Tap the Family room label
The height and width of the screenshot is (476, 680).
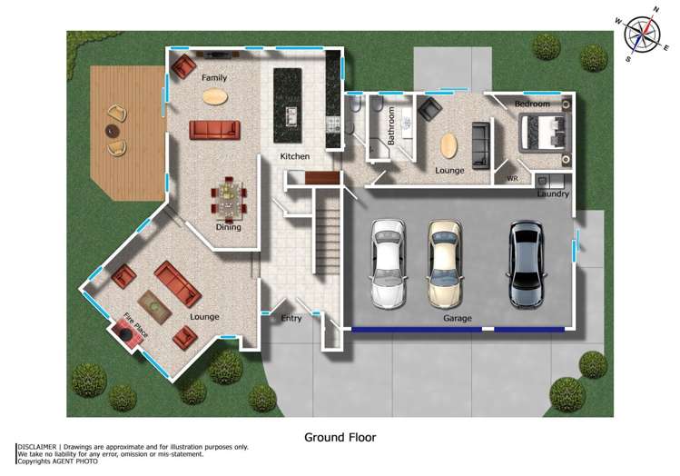(214, 78)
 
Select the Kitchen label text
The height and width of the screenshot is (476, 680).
(294, 157)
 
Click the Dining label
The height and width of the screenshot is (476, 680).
(228, 227)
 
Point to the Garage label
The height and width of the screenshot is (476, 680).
(457, 319)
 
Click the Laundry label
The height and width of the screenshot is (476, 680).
(553, 194)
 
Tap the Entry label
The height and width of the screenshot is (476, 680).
(291, 319)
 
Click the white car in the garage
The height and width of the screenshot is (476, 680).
(388, 263)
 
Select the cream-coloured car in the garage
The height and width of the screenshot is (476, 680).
(446, 263)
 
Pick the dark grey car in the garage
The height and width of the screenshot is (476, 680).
(526, 263)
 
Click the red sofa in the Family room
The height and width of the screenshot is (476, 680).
(214, 130)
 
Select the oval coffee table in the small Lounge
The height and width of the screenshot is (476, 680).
(449, 145)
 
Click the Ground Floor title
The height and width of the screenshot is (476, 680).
(340, 437)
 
